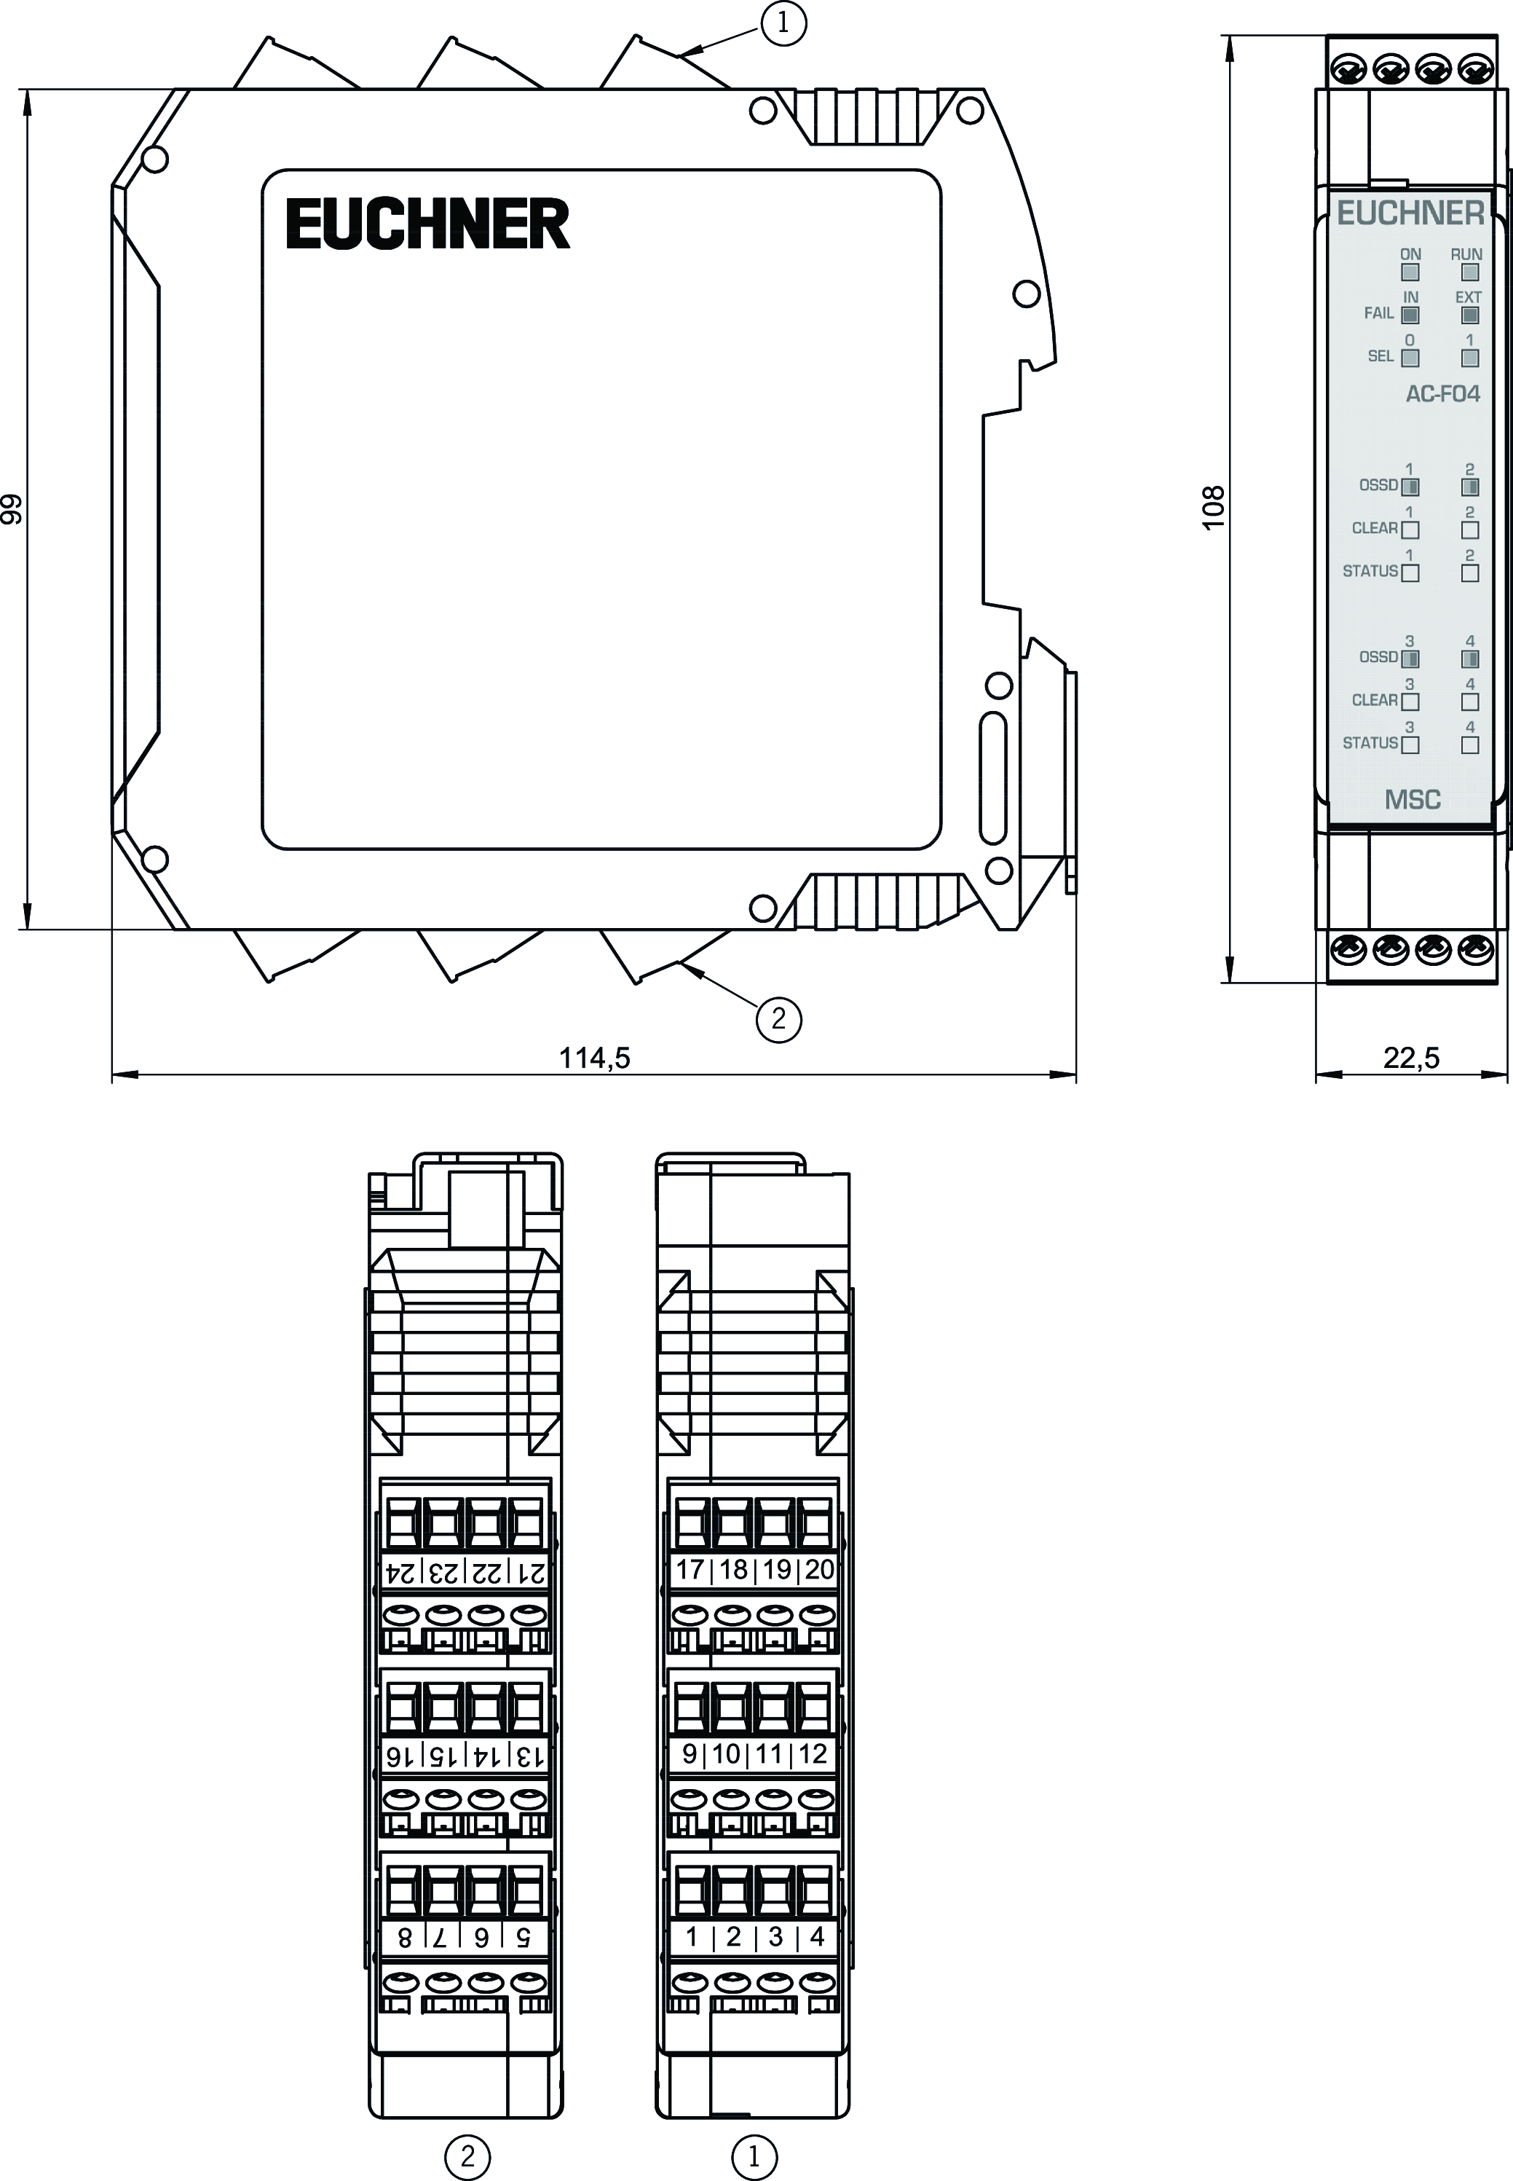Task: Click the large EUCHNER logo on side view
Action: [427, 224]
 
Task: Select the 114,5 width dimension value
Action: [594, 1057]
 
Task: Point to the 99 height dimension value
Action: [12, 509]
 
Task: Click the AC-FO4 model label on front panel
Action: [1442, 393]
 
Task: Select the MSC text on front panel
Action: [1413, 799]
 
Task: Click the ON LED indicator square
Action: [1410, 273]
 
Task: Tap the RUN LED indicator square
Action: [1470, 273]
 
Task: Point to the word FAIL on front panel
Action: [1379, 313]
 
